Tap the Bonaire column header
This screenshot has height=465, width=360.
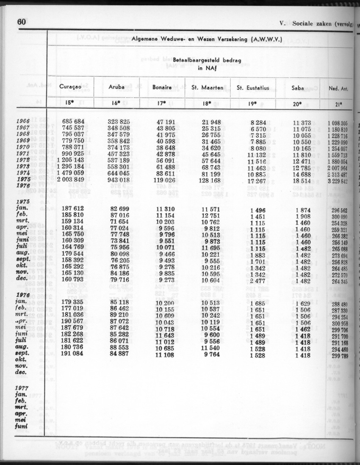162,88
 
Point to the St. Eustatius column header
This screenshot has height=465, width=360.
253,88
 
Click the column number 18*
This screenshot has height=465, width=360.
208,102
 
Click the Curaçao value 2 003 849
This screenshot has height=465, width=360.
71,179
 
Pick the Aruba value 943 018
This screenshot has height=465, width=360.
118,179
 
